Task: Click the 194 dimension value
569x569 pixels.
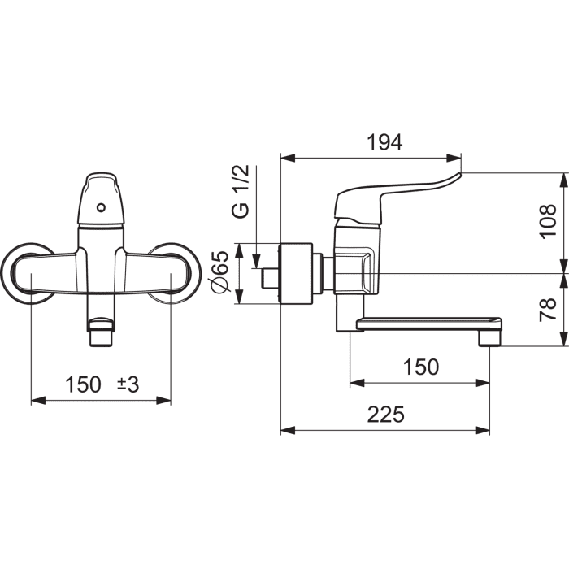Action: [x=385, y=142]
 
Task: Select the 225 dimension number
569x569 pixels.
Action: [x=386, y=414]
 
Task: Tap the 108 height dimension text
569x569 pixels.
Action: [x=548, y=221]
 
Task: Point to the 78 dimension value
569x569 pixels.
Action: [x=548, y=309]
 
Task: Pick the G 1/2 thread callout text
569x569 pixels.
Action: [x=241, y=191]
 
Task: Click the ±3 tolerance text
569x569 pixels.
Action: [x=128, y=384]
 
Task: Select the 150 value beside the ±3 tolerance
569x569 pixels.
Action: [x=83, y=384]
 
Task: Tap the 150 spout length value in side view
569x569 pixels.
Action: [x=421, y=367]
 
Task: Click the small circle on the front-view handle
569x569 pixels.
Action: [x=102, y=208]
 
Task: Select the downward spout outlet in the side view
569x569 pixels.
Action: [x=490, y=338]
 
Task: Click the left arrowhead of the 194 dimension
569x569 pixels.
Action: [x=288, y=159]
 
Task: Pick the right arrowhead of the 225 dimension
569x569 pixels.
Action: [x=483, y=430]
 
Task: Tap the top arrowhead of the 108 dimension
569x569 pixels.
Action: [x=564, y=180]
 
